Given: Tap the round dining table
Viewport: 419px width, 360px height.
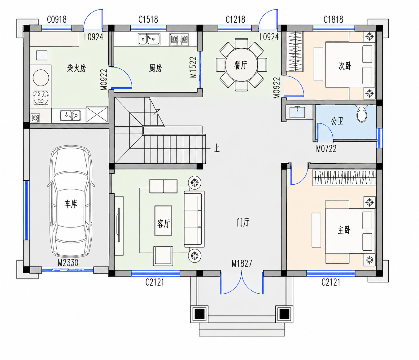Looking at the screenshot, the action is (241, 65).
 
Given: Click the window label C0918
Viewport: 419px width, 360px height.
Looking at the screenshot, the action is (57, 20).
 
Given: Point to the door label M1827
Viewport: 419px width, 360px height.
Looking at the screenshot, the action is (242, 264).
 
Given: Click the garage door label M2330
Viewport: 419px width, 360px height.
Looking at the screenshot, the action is (68, 263).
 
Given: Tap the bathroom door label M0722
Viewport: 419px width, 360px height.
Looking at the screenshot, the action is (326, 149).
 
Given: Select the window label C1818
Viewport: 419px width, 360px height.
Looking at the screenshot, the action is (333, 20).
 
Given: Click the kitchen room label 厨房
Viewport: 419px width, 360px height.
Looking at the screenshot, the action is (155, 68).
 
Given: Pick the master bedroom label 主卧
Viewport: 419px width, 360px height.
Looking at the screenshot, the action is (344, 230).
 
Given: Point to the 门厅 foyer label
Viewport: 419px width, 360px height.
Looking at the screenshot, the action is (243, 222).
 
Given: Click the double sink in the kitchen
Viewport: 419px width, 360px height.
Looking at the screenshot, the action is (149, 39).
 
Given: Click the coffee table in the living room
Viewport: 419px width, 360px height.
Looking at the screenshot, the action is (163, 221).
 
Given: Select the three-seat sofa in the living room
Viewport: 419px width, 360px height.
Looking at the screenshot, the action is (194, 219).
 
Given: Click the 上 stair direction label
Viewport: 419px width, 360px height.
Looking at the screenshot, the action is (217, 148).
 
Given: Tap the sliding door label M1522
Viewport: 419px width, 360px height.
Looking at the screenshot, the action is (193, 67).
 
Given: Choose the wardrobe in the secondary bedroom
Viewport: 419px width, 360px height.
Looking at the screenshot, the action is (294, 51).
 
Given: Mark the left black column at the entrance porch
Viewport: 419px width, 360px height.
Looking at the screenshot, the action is (199, 314).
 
